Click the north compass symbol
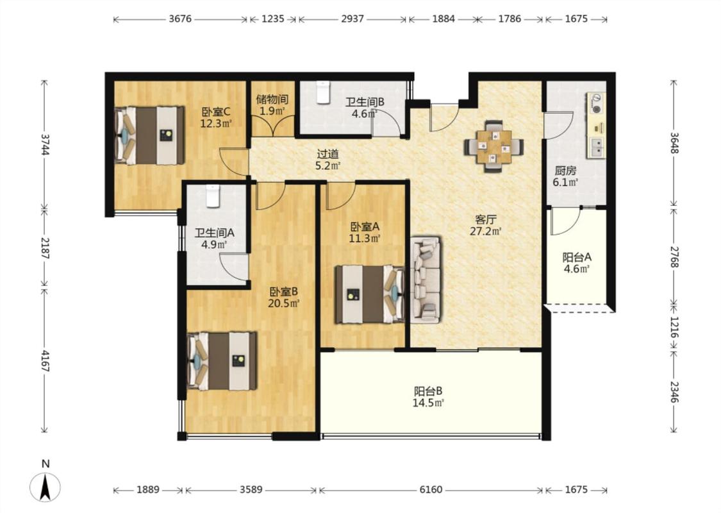(45, 487)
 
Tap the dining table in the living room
(494, 147)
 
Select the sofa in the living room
(426, 280)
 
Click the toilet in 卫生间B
(323, 92)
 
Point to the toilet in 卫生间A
(212, 196)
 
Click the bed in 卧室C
(149, 135)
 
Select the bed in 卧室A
(370, 294)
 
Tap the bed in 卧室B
(222, 361)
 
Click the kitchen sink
(597, 147)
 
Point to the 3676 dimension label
(180, 19)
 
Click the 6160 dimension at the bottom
(431, 489)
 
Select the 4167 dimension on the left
(45, 361)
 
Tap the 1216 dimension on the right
(674, 327)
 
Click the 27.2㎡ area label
(485, 231)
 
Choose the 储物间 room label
(272, 99)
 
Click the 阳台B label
(428, 392)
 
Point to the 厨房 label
(565, 171)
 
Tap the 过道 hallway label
(328, 154)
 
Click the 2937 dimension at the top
(352, 19)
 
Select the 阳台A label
(577, 257)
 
